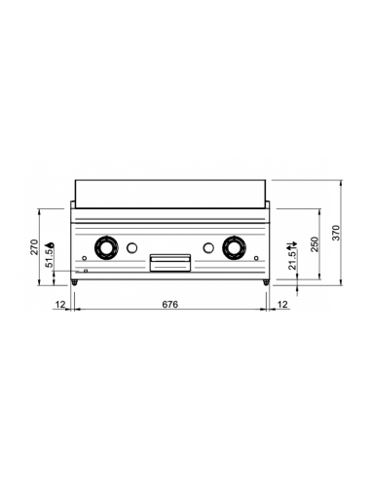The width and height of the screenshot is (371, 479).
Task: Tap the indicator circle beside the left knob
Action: [135, 245]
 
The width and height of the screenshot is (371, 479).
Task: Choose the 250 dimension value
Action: [313, 244]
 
